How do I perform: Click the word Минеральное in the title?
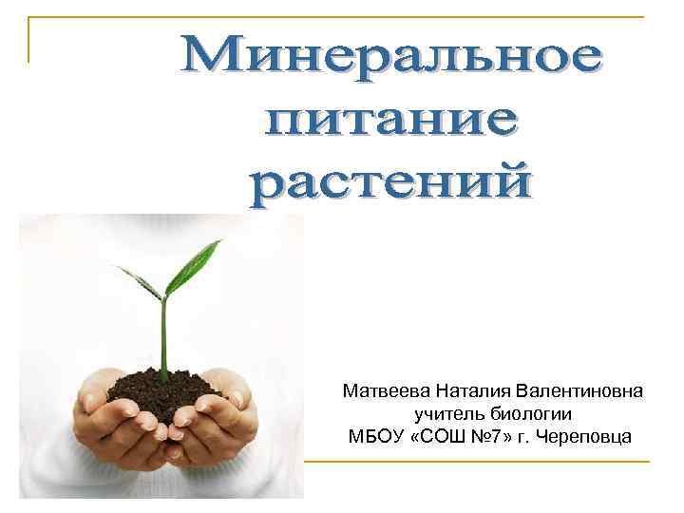point(389,59)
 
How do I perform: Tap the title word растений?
point(389,182)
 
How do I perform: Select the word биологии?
point(531,414)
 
